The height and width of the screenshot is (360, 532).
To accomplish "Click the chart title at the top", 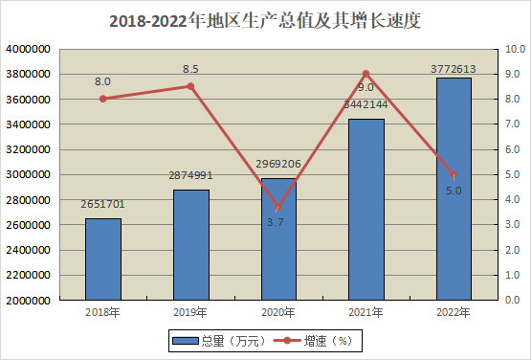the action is pos(265,21).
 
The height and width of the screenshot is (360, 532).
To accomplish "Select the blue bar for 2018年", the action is pos(103,259).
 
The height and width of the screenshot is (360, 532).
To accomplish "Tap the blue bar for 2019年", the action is pos(191,245).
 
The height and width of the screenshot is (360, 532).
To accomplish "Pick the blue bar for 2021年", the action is pos(366,210).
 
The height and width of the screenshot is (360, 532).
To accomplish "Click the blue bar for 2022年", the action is pos(454,189).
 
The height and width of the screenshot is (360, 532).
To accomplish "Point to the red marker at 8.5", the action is pos(191,86).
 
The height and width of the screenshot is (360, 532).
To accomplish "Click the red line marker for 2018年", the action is pos(103,99).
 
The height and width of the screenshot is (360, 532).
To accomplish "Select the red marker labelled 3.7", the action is pos(278,207).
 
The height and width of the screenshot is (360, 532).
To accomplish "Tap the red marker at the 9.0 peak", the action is pos(366,74).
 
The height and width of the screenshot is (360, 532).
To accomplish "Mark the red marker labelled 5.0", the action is pos(454,174).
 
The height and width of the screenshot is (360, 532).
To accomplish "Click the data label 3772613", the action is pos(454,69).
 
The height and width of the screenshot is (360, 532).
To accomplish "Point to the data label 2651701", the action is pos(102,204).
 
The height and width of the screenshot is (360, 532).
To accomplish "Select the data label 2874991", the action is pos(190,175).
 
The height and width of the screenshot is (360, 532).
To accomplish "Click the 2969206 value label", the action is pos(278,164).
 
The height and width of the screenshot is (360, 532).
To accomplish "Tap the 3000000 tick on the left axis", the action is pos(28,174).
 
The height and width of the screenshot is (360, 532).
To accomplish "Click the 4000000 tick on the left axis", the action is pos(28,49).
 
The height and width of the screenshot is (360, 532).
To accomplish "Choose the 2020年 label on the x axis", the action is pos(278,312).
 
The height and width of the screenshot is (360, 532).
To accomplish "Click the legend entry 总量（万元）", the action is pos(219,340).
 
